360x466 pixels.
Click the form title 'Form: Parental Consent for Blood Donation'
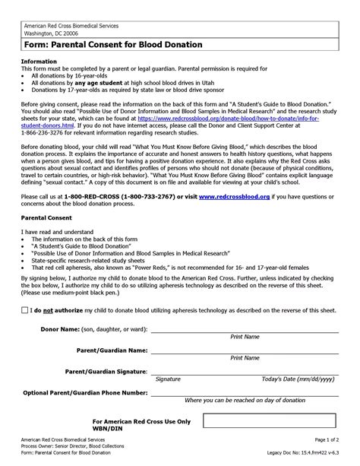[112, 45]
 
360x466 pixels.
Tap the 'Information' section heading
[39, 61]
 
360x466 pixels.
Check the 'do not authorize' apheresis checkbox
[25, 310]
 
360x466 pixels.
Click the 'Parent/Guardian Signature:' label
[104, 372]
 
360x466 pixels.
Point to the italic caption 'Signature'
[168, 379]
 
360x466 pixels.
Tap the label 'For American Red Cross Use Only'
[141, 420]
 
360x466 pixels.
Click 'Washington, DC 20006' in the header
[50, 33]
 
